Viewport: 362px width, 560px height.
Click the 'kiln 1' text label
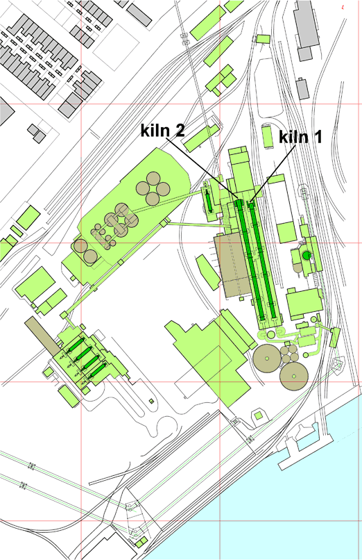[300, 136]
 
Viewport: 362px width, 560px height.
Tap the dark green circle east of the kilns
[307, 256]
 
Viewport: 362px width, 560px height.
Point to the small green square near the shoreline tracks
[259, 415]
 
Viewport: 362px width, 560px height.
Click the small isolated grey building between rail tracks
[302, 89]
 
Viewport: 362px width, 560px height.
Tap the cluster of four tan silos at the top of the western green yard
[151, 188]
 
